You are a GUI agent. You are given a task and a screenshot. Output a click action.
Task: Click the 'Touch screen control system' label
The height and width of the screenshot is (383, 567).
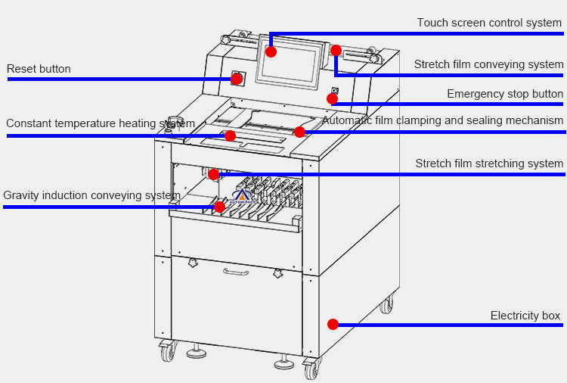[x=489, y=23]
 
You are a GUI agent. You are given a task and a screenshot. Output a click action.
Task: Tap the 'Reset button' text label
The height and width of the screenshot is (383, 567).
[x=39, y=69]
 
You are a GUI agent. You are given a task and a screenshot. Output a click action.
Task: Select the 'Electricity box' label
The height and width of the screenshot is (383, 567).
[x=525, y=316]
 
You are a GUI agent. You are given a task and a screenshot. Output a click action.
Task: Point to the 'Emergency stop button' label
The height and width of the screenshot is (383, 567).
[x=504, y=94]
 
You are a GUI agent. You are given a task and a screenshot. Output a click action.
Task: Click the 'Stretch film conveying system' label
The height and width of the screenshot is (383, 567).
[x=488, y=64]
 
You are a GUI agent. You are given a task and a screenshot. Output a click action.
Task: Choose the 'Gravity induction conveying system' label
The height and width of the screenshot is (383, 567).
[x=91, y=195]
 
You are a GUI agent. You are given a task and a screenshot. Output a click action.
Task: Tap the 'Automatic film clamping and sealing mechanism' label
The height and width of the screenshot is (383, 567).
[x=442, y=120]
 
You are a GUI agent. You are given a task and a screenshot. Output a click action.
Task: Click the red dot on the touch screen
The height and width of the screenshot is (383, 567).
[x=271, y=51]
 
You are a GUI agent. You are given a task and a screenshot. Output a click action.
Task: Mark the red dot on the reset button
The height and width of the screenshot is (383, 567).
[x=236, y=79]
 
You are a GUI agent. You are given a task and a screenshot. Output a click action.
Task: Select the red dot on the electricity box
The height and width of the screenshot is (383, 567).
[x=333, y=324]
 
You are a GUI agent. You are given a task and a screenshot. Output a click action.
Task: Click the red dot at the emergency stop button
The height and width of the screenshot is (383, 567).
[x=332, y=98]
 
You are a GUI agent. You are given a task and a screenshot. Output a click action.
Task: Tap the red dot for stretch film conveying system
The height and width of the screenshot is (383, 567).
[x=336, y=51]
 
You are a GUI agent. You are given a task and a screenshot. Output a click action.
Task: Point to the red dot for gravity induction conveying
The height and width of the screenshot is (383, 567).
[x=219, y=207]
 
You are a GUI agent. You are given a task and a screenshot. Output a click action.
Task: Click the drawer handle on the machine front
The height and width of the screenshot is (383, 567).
[x=236, y=272]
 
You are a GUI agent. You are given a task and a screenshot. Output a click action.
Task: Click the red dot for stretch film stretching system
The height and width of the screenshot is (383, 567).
[x=214, y=174]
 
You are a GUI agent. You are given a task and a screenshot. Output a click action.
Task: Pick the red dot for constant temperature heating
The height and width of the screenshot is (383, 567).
[x=230, y=136]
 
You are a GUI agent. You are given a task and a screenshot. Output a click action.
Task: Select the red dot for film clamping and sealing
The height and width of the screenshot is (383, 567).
[x=299, y=132]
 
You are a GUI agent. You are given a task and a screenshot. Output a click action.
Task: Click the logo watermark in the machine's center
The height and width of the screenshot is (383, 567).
[x=243, y=198]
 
